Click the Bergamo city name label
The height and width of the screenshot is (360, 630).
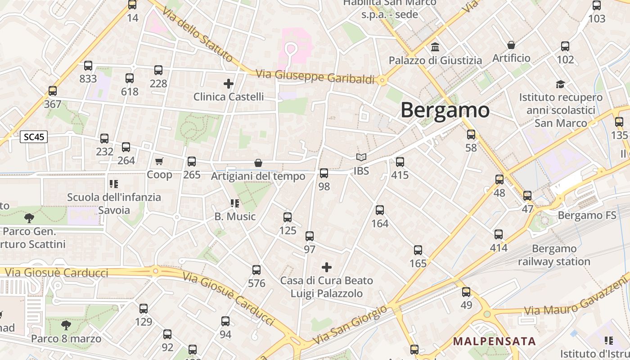pyautogui.click(x=445, y=110)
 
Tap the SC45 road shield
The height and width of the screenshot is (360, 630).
pyautogui.click(x=34, y=137)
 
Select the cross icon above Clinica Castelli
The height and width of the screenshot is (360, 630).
pyautogui.click(x=229, y=83)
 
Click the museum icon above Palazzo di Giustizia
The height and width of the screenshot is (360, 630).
pyautogui.click(x=435, y=47)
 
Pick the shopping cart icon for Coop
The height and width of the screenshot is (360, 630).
pyautogui.click(x=159, y=161)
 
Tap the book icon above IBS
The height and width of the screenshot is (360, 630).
pyautogui.click(x=361, y=157)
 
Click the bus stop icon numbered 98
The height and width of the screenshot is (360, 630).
pyautogui.click(x=324, y=173)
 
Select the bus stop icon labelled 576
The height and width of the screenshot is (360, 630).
pyautogui.click(x=256, y=270)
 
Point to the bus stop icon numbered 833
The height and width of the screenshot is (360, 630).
pyautogui.click(x=88, y=66)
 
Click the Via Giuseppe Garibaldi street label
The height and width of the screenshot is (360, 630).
pyautogui.click(x=315, y=76)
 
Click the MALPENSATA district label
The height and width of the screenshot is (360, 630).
pyautogui.click(x=494, y=341)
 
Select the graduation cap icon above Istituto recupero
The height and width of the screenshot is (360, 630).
pyautogui.click(x=560, y=84)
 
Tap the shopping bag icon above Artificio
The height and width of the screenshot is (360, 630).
pyautogui.click(x=511, y=45)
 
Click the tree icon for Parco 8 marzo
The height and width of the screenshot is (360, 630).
pyautogui.click(x=66, y=325)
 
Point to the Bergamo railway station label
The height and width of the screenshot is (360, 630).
pyautogui.click(x=554, y=255)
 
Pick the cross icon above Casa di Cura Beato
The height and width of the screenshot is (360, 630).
pyautogui.click(x=327, y=267)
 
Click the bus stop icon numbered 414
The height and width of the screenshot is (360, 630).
pyautogui.click(x=499, y=234)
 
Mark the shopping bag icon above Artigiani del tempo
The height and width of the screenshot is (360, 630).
pyautogui.click(x=258, y=163)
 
